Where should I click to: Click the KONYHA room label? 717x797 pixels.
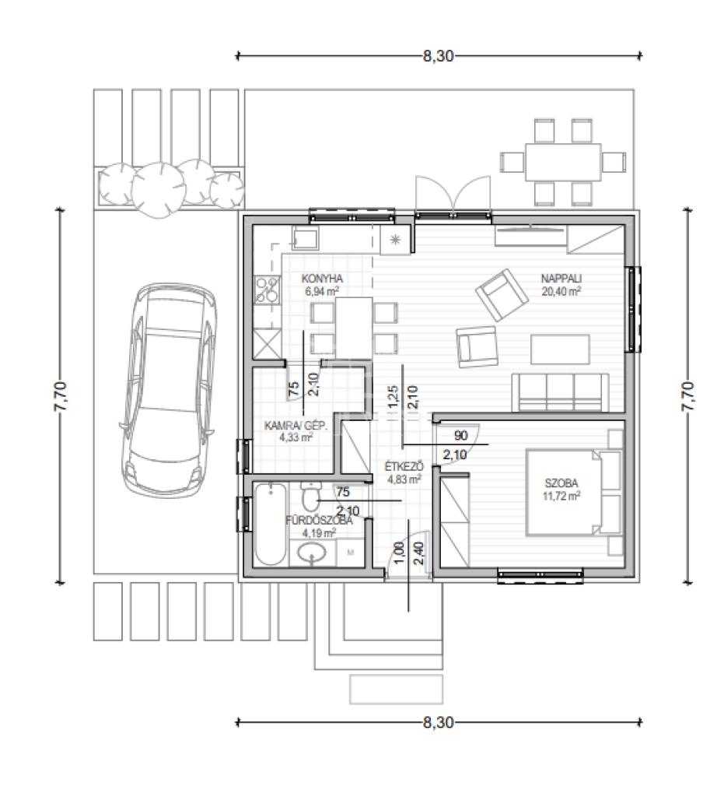pyautogui.click(x=322, y=279)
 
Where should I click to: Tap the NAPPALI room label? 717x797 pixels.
pyautogui.click(x=561, y=279)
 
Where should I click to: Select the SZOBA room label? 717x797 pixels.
pyautogui.click(x=561, y=483)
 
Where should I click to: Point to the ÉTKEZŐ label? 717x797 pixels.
pyautogui.click(x=404, y=466)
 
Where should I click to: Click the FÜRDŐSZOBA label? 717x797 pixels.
pyautogui.click(x=319, y=521)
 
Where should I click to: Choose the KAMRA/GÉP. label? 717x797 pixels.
pyautogui.click(x=296, y=425)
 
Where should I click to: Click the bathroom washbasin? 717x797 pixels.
pyautogui.click(x=311, y=553)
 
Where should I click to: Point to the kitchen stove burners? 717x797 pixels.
pyautogui.click(x=268, y=290)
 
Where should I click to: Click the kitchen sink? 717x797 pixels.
pyautogui.click(x=305, y=238)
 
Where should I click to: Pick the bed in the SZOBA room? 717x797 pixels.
pyautogui.click(x=568, y=492)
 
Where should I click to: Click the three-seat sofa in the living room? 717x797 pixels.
pyautogui.click(x=560, y=392)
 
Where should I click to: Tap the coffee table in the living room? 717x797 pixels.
pyautogui.click(x=560, y=349)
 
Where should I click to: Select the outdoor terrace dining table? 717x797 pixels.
pyautogui.click(x=563, y=162)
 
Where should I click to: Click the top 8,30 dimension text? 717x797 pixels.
pyautogui.click(x=439, y=56)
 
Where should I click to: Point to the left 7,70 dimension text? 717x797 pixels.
pyautogui.click(x=61, y=396)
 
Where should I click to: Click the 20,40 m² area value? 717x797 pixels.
pyautogui.click(x=561, y=291)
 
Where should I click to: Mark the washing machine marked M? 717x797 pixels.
pyautogui.click(x=351, y=553)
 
